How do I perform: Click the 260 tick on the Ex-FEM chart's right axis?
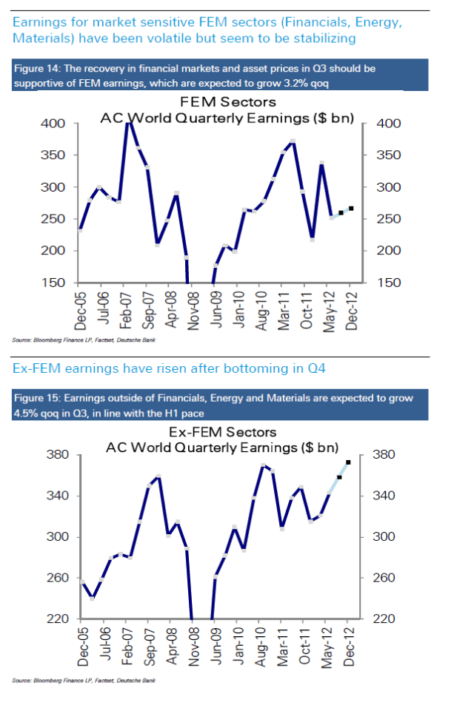click(387, 578)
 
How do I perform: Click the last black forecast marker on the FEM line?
click(350, 209)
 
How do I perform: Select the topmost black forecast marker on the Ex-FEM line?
click(348, 462)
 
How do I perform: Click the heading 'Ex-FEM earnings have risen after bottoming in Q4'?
click(168, 368)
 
